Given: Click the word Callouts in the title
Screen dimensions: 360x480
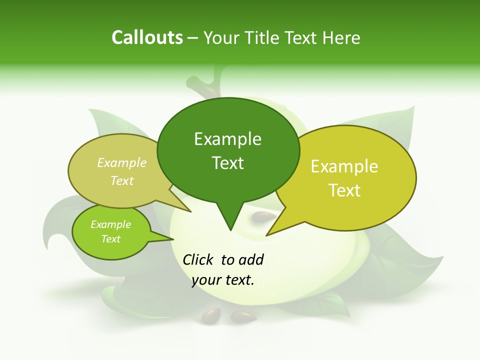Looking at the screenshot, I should click(147, 37).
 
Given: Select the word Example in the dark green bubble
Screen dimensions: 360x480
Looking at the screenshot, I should click(227, 139).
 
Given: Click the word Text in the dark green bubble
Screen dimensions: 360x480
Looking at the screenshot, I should click(227, 163).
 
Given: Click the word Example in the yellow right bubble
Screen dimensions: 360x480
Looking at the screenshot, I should click(344, 166).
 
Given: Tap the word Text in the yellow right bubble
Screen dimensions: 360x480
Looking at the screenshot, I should click(345, 190).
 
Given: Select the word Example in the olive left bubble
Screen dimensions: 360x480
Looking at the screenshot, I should click(122, 162).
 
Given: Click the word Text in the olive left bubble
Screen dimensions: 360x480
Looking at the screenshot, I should click(122, 180).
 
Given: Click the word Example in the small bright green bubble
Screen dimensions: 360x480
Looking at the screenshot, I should click(110, 224).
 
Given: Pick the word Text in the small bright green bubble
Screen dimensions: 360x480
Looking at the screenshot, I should click(110, 239).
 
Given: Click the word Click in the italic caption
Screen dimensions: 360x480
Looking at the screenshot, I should click(198, 259).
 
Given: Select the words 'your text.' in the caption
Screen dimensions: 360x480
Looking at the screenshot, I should click(223, 280).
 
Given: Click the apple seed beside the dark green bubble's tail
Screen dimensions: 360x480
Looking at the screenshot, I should click(262, 217).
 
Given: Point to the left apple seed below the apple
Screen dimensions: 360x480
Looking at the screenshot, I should click(210, 315).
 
